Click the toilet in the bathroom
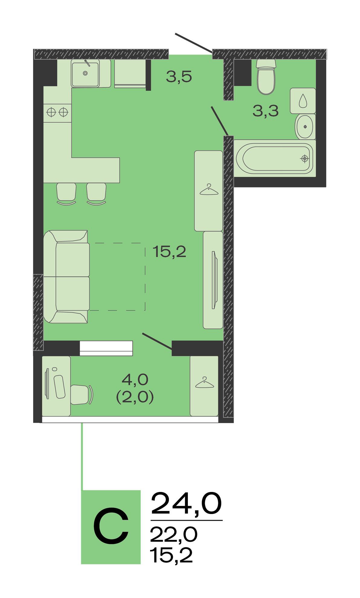(266, 77)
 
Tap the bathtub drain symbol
(305, 158)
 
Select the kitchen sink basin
(85, 74)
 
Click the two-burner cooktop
(57, 112)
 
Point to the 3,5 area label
(179, 77)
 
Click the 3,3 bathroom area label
(265, 111)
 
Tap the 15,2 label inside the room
(169, 251)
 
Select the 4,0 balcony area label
(135, 379)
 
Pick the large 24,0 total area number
(186, 503)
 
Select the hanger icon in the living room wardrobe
(209, 189)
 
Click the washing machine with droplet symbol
(303, 101)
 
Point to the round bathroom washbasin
(305, 127)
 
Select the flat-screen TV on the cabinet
(214, 280)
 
